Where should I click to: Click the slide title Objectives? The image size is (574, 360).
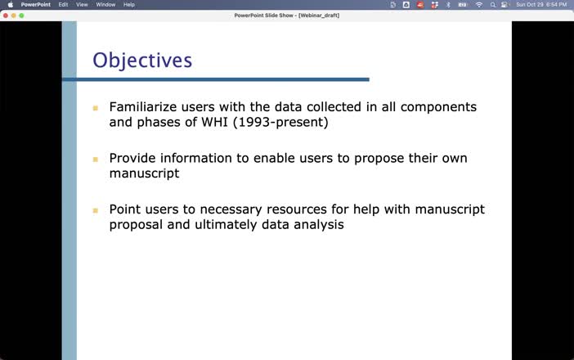(142, 61)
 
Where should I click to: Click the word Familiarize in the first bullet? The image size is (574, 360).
(141, 107)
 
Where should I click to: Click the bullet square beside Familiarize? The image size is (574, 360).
(95, 108)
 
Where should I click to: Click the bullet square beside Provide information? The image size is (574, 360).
(95, 159)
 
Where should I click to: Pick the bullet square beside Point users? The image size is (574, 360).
(95, 210)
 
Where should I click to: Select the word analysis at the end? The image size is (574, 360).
(317, 224)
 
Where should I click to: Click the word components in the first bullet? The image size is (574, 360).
(434, 107)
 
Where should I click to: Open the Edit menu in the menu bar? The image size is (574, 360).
(63, 4)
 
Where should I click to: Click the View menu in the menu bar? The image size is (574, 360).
(82, 4)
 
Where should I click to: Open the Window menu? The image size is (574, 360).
(105, 4)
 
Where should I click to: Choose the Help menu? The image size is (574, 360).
(129, 4)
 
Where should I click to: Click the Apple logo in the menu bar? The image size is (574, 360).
(11, 4)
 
